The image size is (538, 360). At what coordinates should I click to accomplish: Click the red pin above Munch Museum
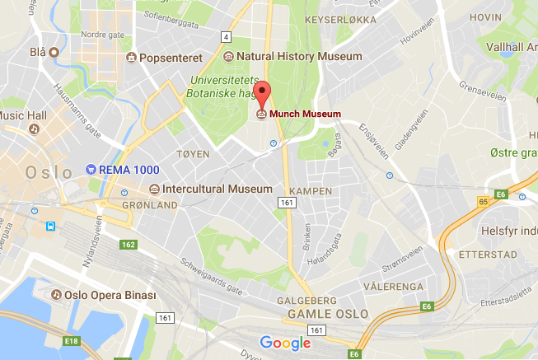click(262, 93)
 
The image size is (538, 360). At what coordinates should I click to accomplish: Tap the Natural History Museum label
click(299, 57)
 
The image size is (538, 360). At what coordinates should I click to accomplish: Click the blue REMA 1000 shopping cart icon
click(90, 169)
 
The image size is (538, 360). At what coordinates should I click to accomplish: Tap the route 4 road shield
click(226, 37)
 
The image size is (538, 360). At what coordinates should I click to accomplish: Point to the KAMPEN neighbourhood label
click(311, 191)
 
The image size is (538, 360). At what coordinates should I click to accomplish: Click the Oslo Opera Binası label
click(110, 294)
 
